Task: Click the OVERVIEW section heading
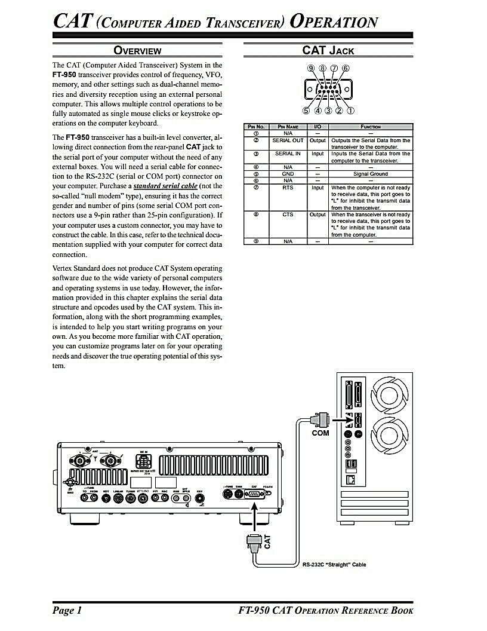137,51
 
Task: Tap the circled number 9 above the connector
310,68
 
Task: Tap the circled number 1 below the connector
350,111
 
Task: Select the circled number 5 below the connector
306,111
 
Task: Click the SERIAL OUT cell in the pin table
288,141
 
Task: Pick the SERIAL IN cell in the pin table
288,154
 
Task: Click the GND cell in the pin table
288,174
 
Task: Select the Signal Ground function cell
370,174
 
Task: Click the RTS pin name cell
288,188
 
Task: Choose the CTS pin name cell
288,215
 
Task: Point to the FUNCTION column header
370,127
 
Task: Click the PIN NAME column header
288,127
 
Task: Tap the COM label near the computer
320,433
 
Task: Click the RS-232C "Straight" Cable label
334,564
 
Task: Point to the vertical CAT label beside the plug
267,542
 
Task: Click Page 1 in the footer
67,610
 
